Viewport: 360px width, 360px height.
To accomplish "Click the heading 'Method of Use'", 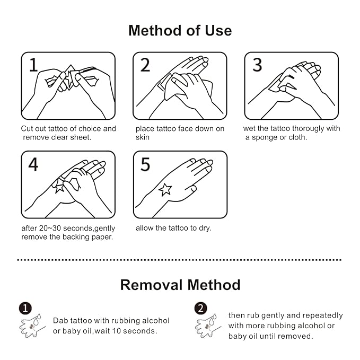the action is [x=180, y=31].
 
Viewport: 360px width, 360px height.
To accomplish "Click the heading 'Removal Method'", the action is [x=180, y=285].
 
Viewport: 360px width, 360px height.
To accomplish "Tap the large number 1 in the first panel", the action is [x=33, y=65].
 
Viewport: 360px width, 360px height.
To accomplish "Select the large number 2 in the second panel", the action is [x=145, y=65].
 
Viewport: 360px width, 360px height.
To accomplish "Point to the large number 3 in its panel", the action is [x=257, y=65].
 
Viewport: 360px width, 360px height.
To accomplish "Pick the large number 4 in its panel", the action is [x=33, y=164].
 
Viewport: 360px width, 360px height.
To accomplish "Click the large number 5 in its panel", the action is [x=145, y=164].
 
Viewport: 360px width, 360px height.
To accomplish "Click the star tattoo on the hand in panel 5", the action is [x=165, y=190].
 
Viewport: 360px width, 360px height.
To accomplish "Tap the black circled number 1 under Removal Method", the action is [x=25, y=308].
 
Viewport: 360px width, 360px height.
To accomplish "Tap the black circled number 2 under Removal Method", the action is [x=200, y=308].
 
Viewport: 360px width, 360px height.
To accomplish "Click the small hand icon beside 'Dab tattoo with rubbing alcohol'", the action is [x=32, y=326].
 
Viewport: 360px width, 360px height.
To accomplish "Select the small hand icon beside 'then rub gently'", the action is [x=207, y=326].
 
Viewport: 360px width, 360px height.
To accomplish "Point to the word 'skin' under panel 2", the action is [x=142, y=137].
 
